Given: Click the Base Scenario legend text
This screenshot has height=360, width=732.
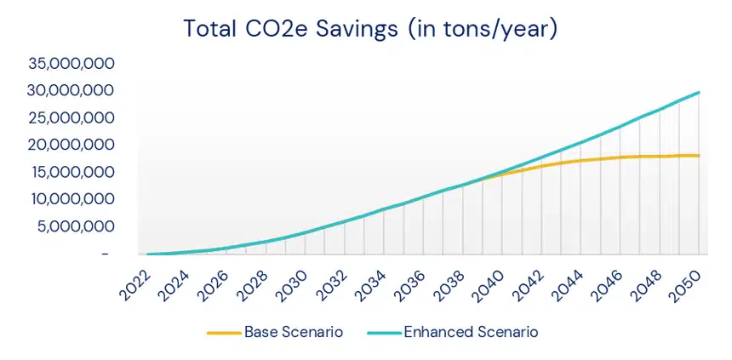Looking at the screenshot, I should coord(294,332).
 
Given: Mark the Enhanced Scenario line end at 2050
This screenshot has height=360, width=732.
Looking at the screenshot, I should coord(699,92).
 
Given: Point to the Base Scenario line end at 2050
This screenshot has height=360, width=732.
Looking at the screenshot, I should coord(699,156).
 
